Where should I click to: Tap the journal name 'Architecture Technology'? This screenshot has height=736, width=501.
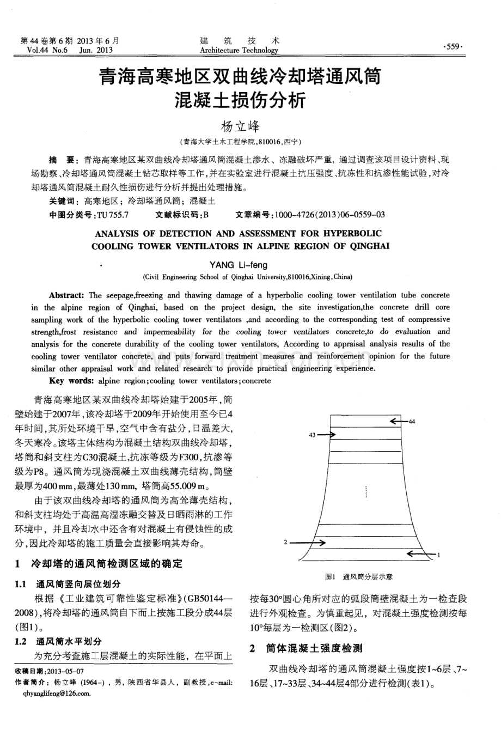(x=239, y=51)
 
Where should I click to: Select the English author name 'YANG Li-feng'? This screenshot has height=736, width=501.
(x=239, y=265)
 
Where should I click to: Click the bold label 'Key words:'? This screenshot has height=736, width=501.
(x=71, y=381)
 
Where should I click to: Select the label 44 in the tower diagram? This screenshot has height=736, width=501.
(x=412, y=421)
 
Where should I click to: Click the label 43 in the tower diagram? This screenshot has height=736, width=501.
(x=312, y=435)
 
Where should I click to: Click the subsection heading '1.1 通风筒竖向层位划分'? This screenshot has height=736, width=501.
(x=68, y=584)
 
